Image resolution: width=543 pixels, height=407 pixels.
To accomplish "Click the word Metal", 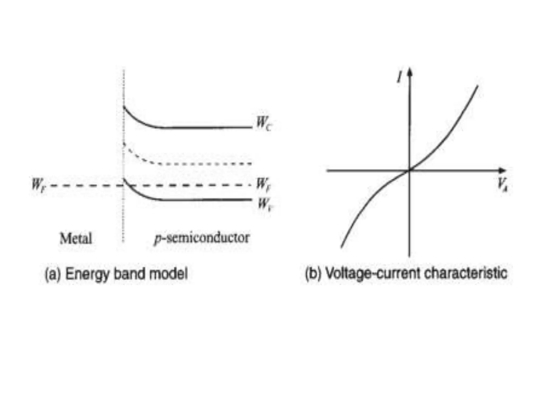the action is click(x=76, y=238).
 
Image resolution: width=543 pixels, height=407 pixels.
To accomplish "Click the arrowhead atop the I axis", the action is click(x=410, y=72).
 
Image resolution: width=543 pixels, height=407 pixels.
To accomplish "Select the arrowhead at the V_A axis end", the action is click(x=503, y=170).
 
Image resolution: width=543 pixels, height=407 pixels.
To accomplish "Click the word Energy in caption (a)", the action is click(x=87, y=274).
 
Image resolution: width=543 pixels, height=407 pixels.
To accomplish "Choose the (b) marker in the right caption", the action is click(x=313, y=273).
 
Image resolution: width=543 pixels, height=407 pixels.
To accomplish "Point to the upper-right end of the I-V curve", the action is click(x=478, y=86).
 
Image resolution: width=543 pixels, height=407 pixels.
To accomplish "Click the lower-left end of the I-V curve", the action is click(x=341, y=247).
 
